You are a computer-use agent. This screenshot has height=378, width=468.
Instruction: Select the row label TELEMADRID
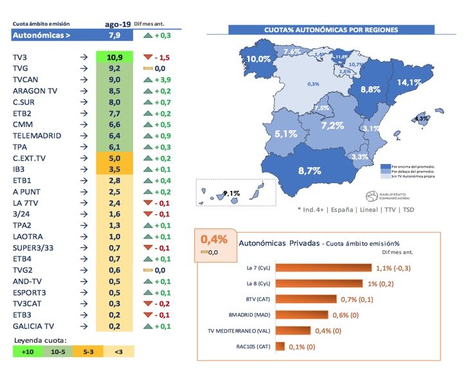pyautogui.click(x=37, y=136)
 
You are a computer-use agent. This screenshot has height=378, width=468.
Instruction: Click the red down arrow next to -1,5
pyautogui.click(x=147, y=57)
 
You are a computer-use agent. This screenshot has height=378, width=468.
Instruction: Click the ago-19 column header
pyautogui.click(x=117, y=24)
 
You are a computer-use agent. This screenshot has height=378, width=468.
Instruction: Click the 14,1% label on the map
pyautogui.click(x=410, y=82)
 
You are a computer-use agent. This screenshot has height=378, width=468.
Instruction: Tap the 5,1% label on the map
pyautogui.click(x=285, y=134)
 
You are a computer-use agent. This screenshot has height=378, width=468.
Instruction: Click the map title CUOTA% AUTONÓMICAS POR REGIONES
pyautogui.click(x=331, y=30)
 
